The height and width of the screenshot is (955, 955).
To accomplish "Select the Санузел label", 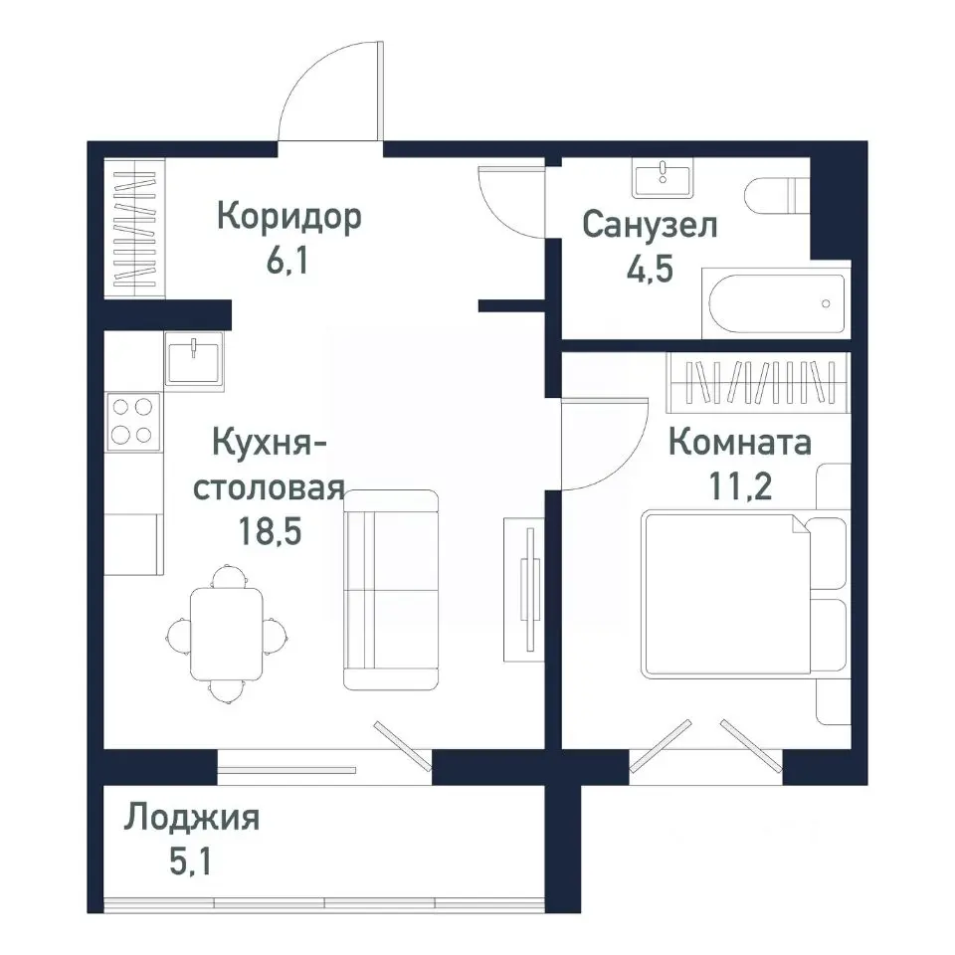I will click(x=650, y=226).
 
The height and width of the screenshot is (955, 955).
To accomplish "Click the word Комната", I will click(x=739, y=441).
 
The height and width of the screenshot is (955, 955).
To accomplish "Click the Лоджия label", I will click(x=192, y=819).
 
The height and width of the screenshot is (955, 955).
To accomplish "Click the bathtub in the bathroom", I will click(x=777, y=304).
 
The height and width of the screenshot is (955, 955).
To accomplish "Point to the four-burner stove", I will click(x=133, y=420).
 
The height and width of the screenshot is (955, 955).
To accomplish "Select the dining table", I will click(x=227, y=632).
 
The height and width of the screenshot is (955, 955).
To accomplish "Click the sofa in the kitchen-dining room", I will click(x=391, y=590).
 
